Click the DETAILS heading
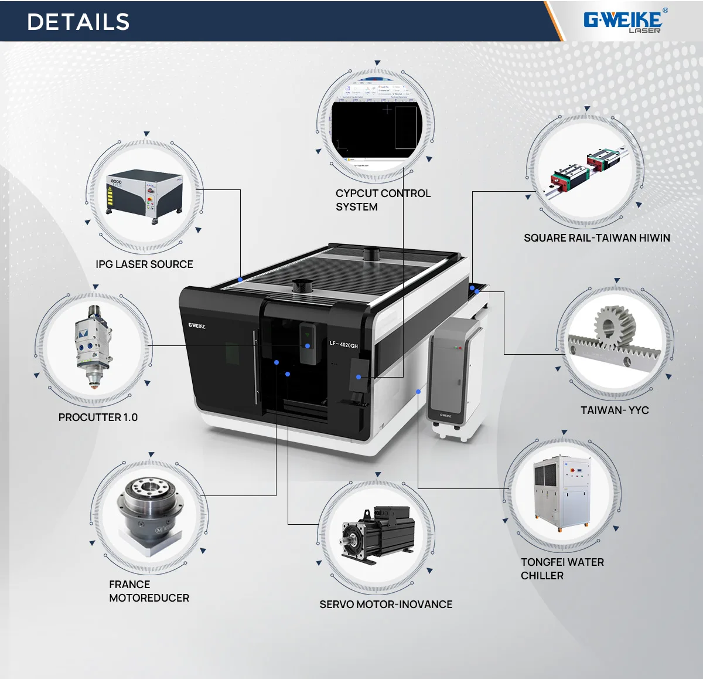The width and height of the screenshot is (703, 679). (78, 22)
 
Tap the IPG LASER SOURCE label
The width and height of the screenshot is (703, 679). (144, 264)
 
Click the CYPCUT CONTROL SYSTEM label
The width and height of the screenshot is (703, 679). (383, 200)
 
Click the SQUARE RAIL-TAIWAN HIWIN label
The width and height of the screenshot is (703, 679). (596, 238)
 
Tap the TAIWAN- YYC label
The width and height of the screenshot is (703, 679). (615, 410)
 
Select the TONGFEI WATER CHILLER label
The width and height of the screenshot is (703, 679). (562, 569)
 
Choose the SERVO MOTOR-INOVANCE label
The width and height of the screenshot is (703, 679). (385, 605)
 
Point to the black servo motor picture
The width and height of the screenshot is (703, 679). (378, 534)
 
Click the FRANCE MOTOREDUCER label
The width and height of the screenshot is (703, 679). (149, 591)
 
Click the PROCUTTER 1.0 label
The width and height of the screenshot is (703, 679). (98, 417)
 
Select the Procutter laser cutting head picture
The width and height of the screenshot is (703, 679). (94, 346)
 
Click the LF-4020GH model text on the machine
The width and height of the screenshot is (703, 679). (343, 345)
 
